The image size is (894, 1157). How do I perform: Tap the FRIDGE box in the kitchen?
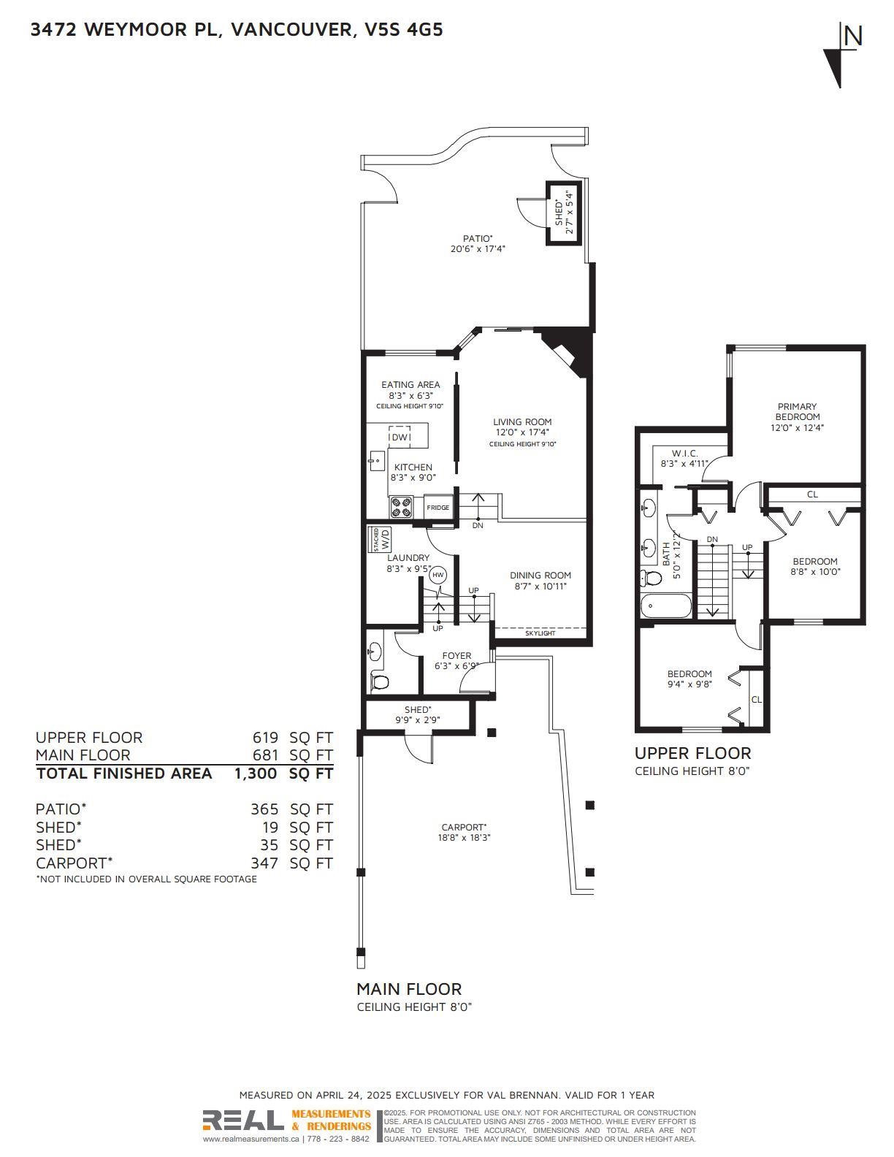tap(438, 508)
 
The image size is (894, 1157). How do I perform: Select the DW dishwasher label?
tap(400, 438)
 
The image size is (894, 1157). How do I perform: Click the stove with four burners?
tap(401, 507)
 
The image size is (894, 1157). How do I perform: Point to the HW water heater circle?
tap(438, 575)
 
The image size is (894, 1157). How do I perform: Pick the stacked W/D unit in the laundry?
tap(382, 539)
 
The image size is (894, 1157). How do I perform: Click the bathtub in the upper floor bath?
tap(665, 606)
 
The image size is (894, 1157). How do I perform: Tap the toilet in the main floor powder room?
tap(380, 681)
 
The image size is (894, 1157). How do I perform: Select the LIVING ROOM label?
tap(521, 422)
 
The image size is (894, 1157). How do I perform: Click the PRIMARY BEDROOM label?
tap(797, 411)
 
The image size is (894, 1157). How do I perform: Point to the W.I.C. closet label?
tap(686, 453)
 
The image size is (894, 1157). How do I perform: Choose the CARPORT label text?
tap(464, 827)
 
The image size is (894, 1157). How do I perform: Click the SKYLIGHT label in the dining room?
tap(540, 633)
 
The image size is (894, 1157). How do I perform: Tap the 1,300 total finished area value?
tap(256, 774)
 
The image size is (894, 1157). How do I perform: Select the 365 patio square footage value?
tap(264, 809)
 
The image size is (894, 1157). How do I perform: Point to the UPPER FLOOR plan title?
tap(692, 753)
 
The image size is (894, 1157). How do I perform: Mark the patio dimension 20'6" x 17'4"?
tap(477, 248)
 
